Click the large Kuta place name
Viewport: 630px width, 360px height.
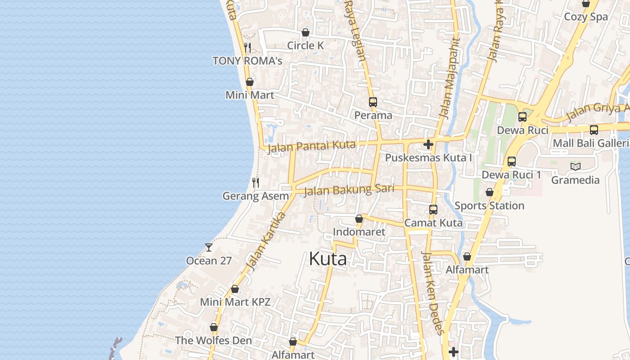(328, 259)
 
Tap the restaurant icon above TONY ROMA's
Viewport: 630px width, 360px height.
(247, 47)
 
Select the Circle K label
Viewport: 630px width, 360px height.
(305, 45)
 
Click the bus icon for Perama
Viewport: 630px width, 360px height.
(373, 102)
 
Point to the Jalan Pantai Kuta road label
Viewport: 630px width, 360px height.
(311, 146)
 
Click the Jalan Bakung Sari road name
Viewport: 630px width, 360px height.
(349, 190)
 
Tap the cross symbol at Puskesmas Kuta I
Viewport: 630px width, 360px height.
(428, 144)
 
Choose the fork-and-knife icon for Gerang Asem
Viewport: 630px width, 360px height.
(255, 182)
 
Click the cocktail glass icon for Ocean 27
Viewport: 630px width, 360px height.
(208, 247)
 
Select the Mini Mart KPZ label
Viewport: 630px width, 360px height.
(235, 302)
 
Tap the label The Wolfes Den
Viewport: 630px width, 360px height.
(213, 340)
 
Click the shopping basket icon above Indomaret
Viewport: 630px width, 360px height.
(359, 219)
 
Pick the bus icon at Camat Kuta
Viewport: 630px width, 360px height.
(433, 209)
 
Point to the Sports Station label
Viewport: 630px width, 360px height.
(489, 206)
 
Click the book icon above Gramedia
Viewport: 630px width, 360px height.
(575, 167)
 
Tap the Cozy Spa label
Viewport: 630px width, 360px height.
(586, 17)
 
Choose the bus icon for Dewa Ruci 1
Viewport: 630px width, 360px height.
(511, 162)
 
